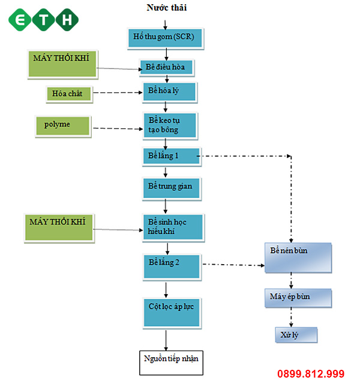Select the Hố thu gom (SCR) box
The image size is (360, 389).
pyautogui.click(x=164, y=38)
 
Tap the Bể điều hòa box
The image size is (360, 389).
pyautogui.click(x=167, y=67)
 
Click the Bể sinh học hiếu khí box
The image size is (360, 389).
pyautogui.click(x=172, y=227)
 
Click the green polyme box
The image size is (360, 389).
pyautogui.click(x=62, y=126)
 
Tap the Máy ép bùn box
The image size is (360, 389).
pyautogui.click(x=298, y=297)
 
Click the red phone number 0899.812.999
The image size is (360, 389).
pyautogui.click(x=310, y=374)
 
